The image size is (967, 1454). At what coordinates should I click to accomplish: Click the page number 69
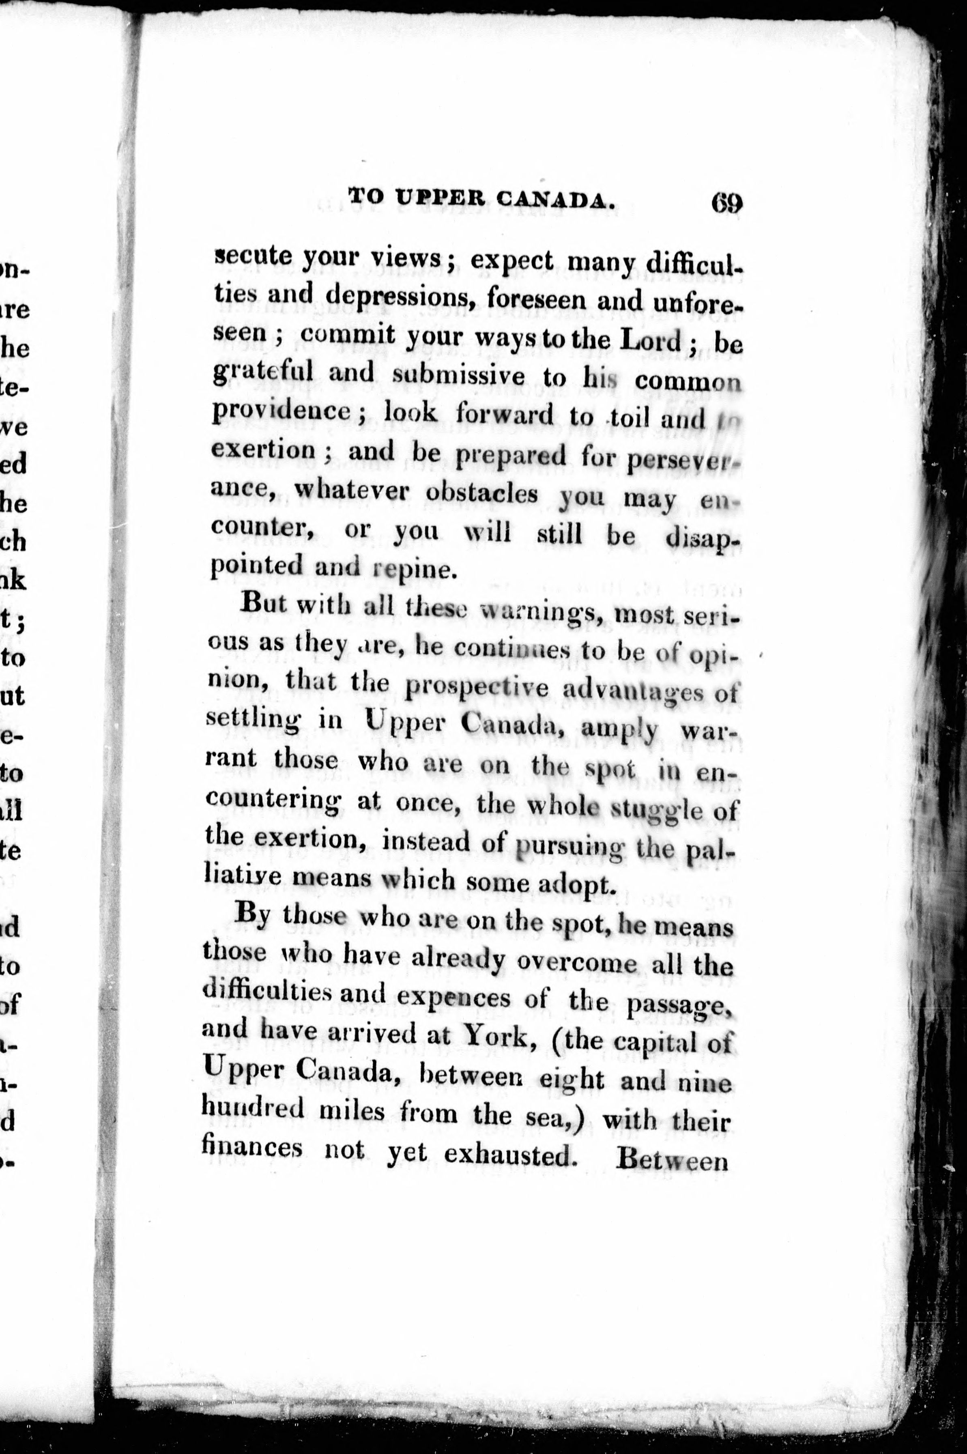tap(726, 203)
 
